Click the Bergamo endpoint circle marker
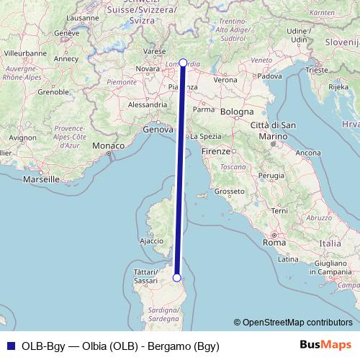point(183,63)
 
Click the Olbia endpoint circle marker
point(176,277)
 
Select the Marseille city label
point(40,179)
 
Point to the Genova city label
point(158,130)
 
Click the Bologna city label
point(237,113)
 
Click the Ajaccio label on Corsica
point(151,241)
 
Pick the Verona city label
point(224,80)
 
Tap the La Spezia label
point(205,135)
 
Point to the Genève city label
point(66,33)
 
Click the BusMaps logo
point(326,345)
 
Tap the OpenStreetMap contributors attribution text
point(297,323)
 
